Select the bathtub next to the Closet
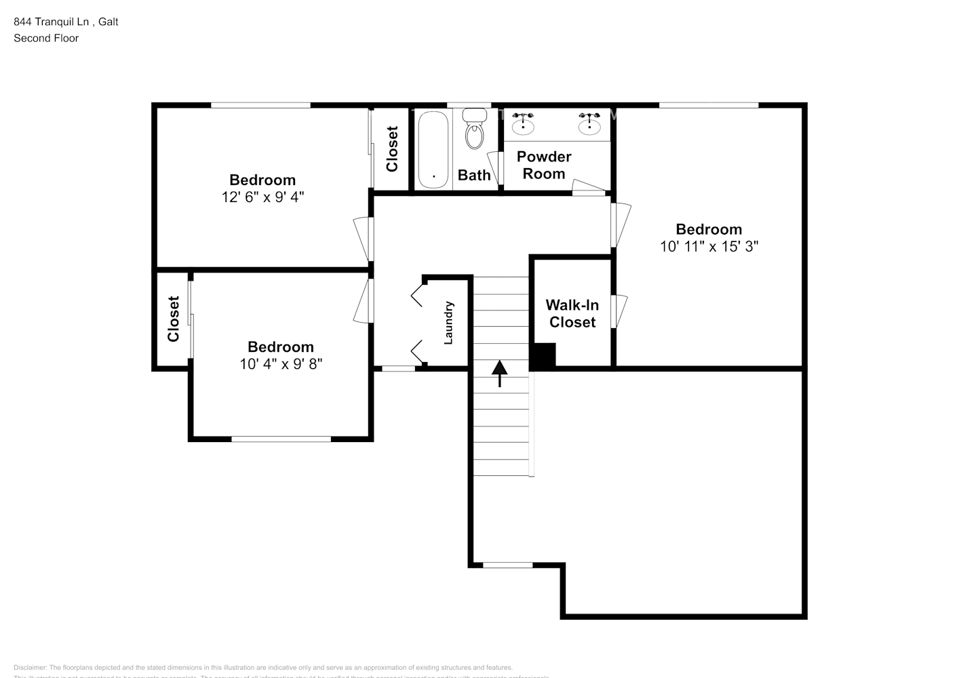pyautogui.click(x=433, y=150)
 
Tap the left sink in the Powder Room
pyautogui.click(x=523, y=124)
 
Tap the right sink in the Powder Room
pyautogui.click(x=589, y=124)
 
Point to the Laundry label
pyautogui.click(x=448, y=323)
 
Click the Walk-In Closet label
pyautogui.click(x=572, y=314)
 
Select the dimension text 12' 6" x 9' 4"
pyautogui.click(x=262, y=197)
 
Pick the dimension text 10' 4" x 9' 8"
pyautogui.click(x=280, y=364)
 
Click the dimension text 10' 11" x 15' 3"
pyautogui.click(x=709, y=247)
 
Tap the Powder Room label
pyautogui.click(x=543, y=165)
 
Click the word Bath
pyautogui.click(x=474, y=176)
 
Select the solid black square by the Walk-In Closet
pyautogui.click(x=543, y=356)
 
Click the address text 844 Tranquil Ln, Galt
pyautogui.click(x=66, y=22)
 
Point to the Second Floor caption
pyautogui.click(x=46, y=38)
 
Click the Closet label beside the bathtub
pyautogui.click(x=392, y=149)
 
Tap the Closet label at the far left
pyautogui.click(x=174, y=319)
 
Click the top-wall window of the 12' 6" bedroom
pyautogui.click(x=260, y=105)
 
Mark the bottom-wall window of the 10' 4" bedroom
pyautogui.click(x=281, y=439)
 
